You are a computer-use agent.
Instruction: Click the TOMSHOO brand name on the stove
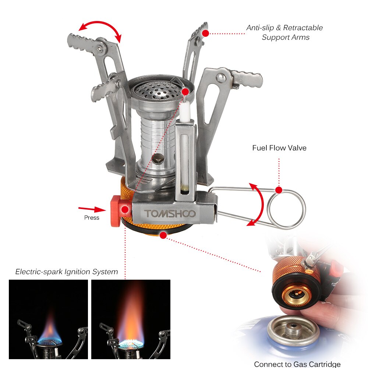click(170, 213)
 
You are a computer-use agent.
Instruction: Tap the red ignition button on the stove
click(116, 211)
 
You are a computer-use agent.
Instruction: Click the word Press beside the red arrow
click(92, 217)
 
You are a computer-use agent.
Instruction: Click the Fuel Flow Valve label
click(279, 148)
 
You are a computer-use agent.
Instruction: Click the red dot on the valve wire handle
click(279, 190)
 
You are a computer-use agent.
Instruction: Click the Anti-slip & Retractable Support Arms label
click(285, 32)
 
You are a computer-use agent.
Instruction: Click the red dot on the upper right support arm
click(205, 33)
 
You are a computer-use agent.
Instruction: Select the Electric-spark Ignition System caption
click(67, 272)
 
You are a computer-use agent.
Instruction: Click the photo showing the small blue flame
click(48, 319)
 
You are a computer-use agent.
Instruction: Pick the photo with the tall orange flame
click(131, 319)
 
